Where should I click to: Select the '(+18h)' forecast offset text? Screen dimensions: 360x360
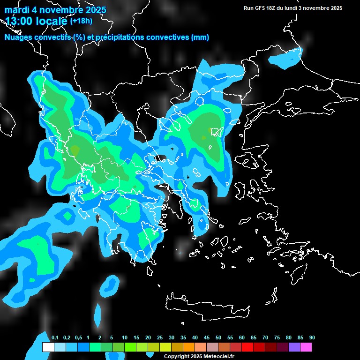(x=81, y=21)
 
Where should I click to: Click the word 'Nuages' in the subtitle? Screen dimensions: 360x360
(x=17, y=37)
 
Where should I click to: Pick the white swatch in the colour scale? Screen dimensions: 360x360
(x=48, y=347)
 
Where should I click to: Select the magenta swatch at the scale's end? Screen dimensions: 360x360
(x=306, y=347)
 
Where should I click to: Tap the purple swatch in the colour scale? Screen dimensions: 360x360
(x=294, y=347)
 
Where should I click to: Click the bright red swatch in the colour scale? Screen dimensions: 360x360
(x=247, y=347)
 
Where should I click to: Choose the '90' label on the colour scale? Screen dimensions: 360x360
(x=312, y=338)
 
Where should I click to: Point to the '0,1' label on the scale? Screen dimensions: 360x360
(x=55, y=338)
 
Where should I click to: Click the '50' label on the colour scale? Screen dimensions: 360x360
(x=218, y=338)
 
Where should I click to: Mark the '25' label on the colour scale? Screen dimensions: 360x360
(x=160, y=338)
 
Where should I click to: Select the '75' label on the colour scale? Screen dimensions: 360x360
(x=277, y=338)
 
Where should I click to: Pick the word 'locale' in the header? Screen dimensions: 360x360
(x=50, y=21)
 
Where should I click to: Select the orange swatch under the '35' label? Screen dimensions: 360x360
(x=189, y=347)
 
